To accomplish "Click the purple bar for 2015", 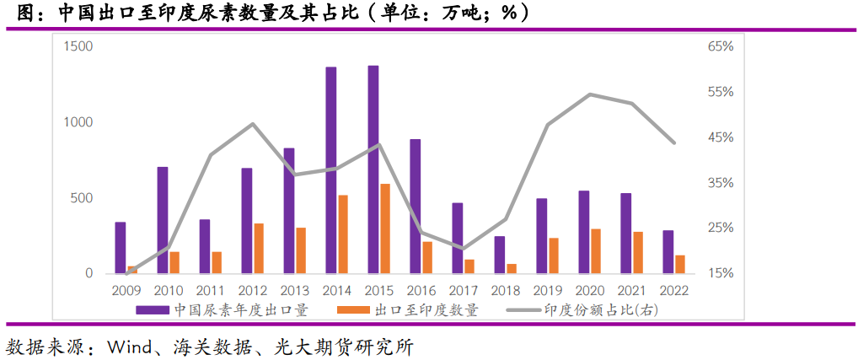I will coord(373,169).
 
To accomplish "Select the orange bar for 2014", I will coord(343,234).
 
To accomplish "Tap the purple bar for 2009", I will coord(121,248).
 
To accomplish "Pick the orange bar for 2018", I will coord(512,268).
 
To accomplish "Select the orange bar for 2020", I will coord(596,251).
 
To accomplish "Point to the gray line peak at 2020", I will coord(590,94).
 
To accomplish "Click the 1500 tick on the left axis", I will coord(77,46).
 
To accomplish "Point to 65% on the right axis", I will coord(721,46).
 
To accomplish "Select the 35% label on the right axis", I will coord(721,183).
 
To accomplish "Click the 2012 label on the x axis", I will coord(253,290).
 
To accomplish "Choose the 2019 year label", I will coord(548,290).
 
